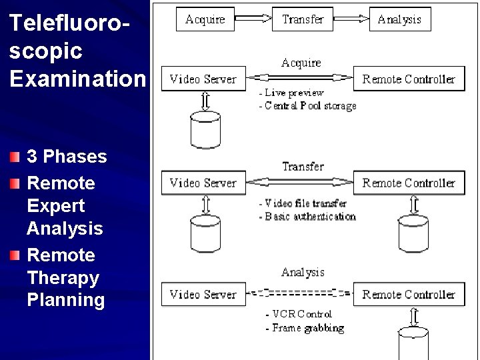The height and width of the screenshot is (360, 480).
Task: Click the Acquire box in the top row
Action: coord(205,19)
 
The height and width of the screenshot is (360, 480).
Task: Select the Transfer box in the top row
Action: coord(303,19)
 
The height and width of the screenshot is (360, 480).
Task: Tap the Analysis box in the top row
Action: coord(399,19)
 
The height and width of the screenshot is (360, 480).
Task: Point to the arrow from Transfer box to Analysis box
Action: coord(351,19)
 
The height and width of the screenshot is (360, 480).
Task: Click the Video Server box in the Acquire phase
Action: coord(203,79)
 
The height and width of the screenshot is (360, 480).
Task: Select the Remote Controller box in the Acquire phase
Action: coord(409,79)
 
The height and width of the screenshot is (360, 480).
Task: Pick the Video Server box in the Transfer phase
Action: coord(203,183)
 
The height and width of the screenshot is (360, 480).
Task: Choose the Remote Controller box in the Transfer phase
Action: coord(409,183)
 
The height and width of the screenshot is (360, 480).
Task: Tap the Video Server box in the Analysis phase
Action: coord(203,294)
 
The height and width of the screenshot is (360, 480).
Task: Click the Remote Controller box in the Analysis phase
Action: coord(409,294)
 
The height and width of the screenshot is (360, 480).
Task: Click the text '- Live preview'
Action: coord(291,93)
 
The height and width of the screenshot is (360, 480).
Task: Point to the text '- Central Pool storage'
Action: coord(307,105)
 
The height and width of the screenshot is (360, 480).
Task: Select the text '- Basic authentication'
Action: coord(307,216)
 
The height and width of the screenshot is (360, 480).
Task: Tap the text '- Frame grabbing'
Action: coord(305,327)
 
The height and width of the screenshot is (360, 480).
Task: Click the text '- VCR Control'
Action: coord(298,314)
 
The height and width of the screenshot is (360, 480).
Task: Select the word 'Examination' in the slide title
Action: coord(76,79)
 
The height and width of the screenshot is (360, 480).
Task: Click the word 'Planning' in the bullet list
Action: coord(66,300)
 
